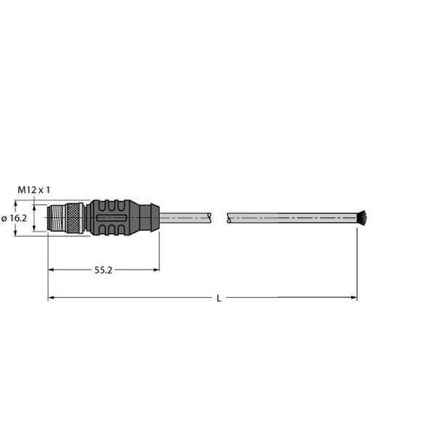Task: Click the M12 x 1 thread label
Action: [34, 190]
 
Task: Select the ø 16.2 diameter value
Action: [15, 219]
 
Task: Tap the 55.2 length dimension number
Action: [103, 270]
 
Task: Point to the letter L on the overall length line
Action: [219, 299]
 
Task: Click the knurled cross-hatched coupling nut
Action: [73, 218]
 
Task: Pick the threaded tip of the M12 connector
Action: [56, 218]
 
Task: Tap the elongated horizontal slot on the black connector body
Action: [111, 218]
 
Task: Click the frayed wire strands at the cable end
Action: [362, 218]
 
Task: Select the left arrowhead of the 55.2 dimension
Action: [51, 270]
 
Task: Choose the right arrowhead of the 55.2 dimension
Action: [156, 270]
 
